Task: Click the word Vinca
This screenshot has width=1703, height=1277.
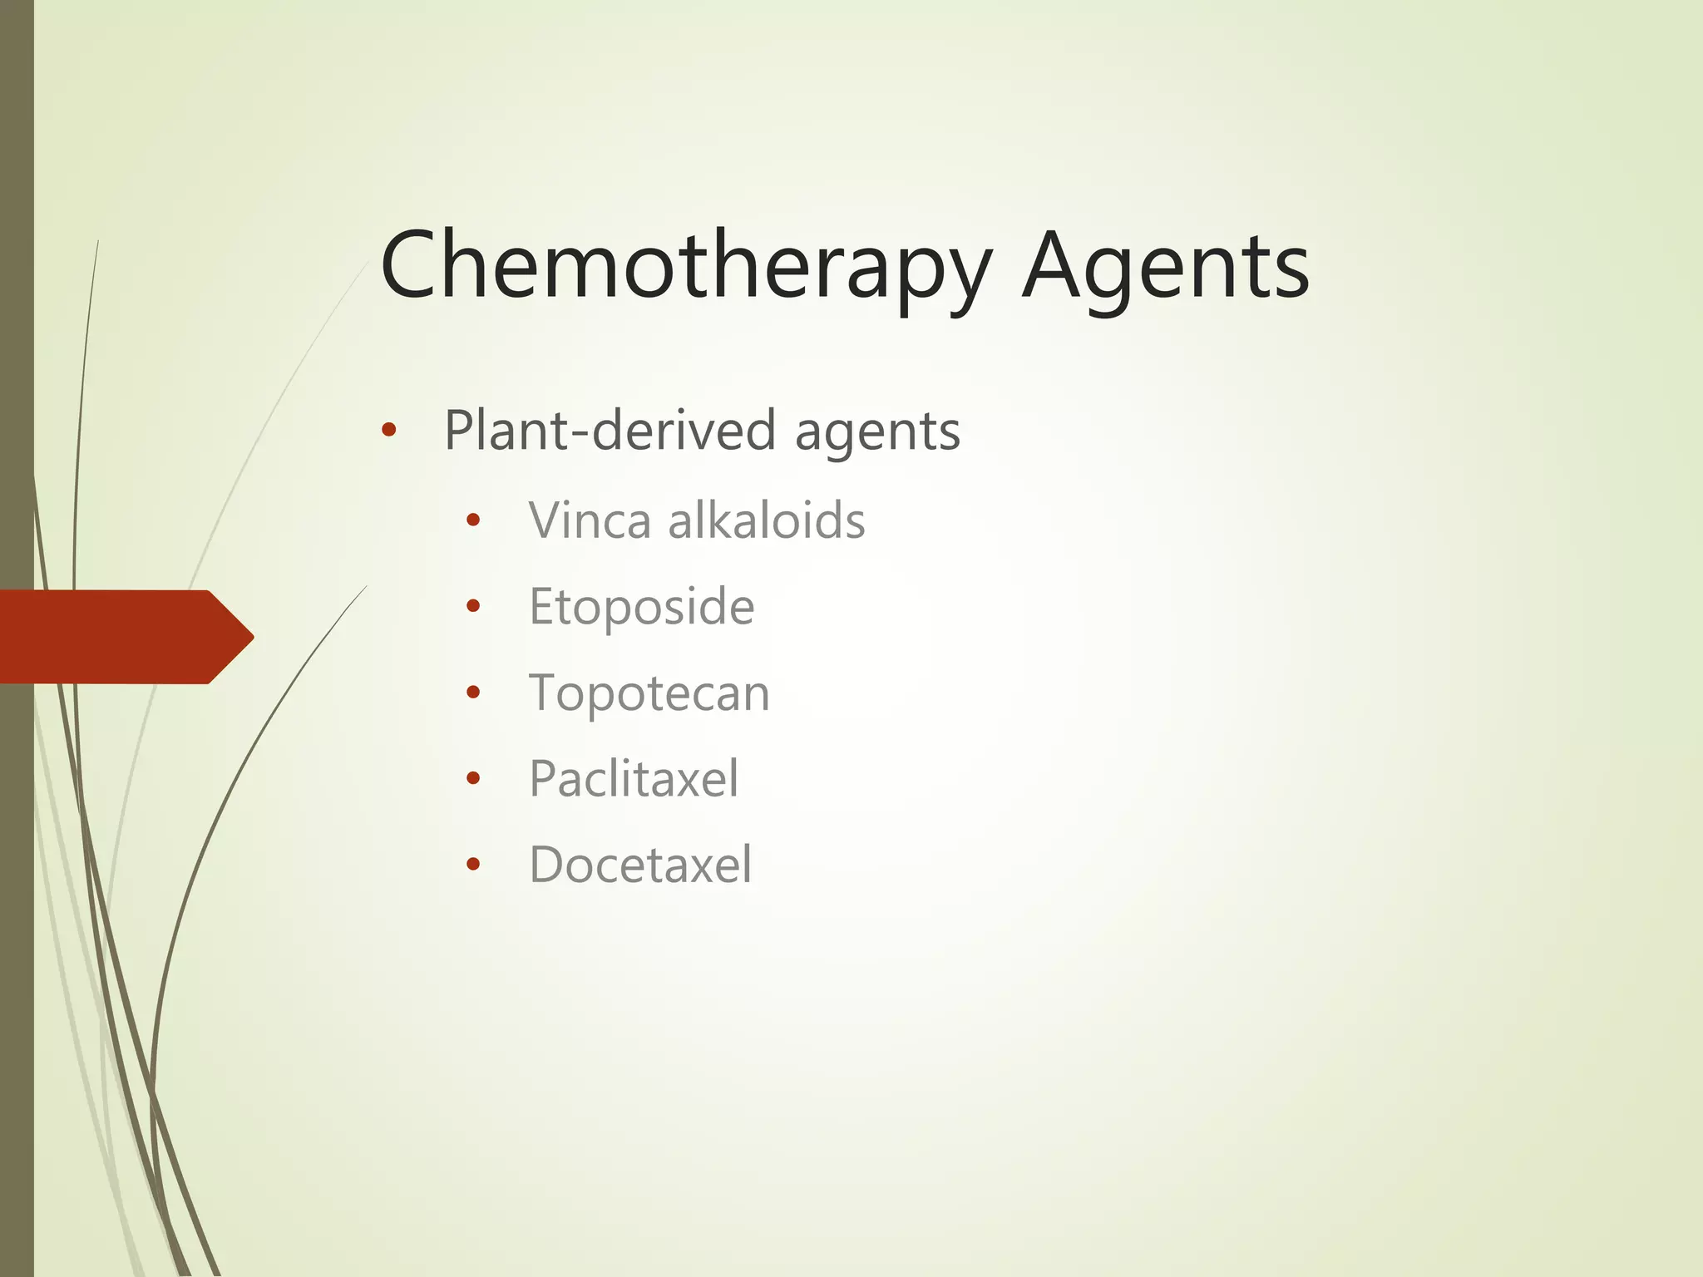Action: pos(590,521)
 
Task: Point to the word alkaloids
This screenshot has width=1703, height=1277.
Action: pos(767,521)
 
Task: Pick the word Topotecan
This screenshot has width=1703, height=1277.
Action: pos(649,693)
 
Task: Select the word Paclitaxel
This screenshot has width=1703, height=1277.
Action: pos(634,779)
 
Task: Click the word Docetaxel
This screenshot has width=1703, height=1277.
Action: pos(640,865)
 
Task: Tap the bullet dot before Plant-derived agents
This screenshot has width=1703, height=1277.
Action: pos(388,431)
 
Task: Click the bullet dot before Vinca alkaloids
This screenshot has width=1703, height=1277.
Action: pos(473,521)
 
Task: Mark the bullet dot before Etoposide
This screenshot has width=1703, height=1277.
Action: pos(473,607)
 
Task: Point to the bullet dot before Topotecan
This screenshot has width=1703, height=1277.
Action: pos(473,693)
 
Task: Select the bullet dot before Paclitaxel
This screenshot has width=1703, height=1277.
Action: pos(473,778)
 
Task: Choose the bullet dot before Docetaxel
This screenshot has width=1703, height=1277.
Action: pos(473,865)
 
